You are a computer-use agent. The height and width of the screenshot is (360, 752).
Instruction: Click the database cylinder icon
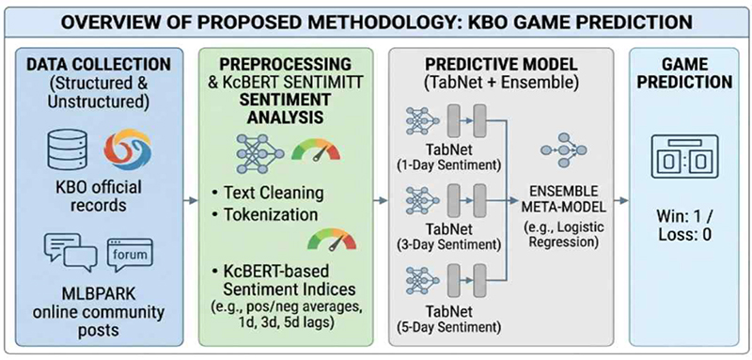pyautogui.click(x=67, y=149)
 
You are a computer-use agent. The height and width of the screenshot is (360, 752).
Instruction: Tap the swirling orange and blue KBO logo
pyautogui.click(x=128, y=149)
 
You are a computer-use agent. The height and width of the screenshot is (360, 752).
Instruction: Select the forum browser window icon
pyautogui.click(x=130, y=253)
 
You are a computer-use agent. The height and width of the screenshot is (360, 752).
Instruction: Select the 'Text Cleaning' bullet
pyautogui.click(x=267, y=194)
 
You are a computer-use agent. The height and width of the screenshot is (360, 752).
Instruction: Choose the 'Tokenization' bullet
pyautogui.click(x=264, y=214)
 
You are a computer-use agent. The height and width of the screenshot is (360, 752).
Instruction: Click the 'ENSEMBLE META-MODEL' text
pyautogui.click(x=561, y=200)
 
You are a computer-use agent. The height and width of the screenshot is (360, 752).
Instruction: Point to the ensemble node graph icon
pyautogui.click(x=563, y=150)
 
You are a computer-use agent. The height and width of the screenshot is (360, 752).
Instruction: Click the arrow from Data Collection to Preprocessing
pyautogui.click(x=191, y=200)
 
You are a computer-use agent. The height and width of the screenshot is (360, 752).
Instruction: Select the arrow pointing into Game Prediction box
pyautogui.click(x=621, y=200)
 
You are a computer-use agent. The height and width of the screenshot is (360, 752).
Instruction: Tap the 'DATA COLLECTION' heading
pyautogui.click(x=99, y=64)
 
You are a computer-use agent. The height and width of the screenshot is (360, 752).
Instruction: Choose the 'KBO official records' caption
pyautogui.click(x=99, y=196)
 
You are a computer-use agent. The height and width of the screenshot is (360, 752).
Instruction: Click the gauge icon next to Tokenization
pyautogui.click(x=332, y=238)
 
